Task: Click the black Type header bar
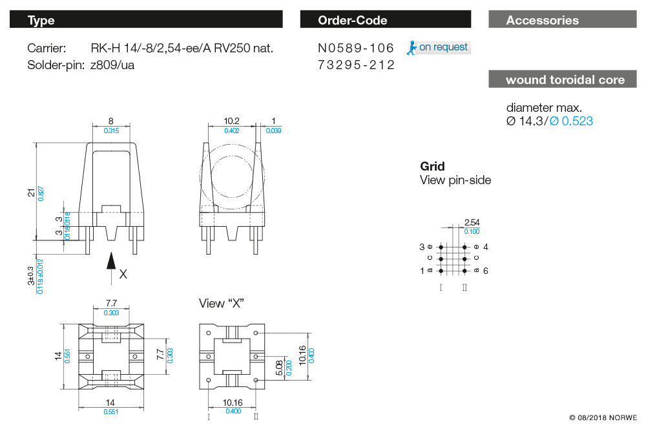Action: pos(146,19)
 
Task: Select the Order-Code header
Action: pos(385,19)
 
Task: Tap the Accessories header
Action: pos(563,19)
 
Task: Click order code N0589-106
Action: pos(356,48)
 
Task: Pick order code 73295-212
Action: pos(356,65)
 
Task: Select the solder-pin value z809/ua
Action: pos(112,65)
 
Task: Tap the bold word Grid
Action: pos(432,167)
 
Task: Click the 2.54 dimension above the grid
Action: pos(472,222)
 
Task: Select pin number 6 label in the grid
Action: pos(486,271)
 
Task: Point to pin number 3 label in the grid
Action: pos(422,247)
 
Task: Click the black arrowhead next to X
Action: pos(111,261)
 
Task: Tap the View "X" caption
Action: pos(221,304)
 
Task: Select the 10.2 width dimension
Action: pos(231,121)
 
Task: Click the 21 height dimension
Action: pos(31,193)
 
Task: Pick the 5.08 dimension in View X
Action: pos(279,368)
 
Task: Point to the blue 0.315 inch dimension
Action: pos(111,131)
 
